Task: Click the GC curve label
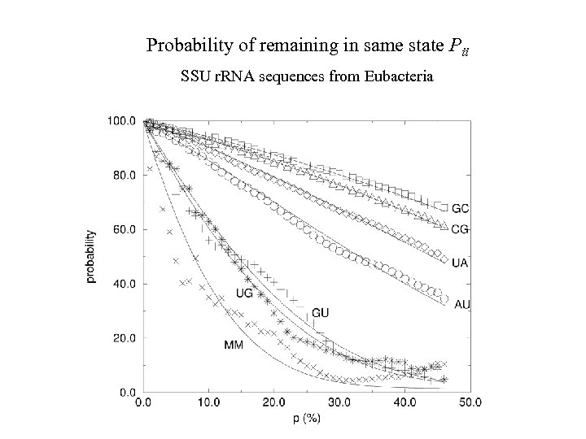460,209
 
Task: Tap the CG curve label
460,229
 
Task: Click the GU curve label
320,313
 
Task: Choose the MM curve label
234,345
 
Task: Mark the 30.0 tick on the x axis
339,402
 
